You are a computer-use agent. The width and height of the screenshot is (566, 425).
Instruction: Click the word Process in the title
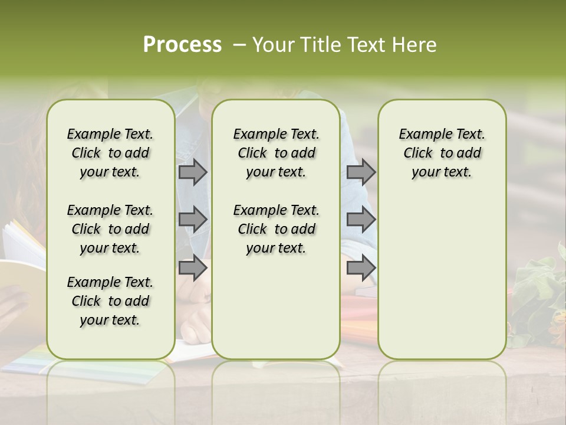[x=182, y=45]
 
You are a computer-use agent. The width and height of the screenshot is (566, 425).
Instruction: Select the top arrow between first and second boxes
[x=193, y=172]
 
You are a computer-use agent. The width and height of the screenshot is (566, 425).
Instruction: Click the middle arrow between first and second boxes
[x=193, y=220]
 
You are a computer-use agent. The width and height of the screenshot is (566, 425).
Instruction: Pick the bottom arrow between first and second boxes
[x=193, y=268]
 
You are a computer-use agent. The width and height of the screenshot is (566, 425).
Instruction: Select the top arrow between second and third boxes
[x=361, y=172]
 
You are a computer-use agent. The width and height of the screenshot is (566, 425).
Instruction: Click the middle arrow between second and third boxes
[x=361, y=220]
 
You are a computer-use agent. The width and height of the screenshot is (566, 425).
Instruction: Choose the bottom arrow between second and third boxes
[x=361, y=268]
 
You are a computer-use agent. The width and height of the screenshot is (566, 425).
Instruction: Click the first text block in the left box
[x=110, y=153]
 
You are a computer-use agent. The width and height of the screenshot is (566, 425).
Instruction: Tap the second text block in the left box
[x=110, y=229]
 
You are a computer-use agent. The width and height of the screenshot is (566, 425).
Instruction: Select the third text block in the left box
[x=110, y=301]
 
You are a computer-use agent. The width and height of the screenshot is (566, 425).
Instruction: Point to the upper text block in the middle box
[x=276, y=153]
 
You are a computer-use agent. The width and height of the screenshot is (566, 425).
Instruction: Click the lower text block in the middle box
[x=276, y=229]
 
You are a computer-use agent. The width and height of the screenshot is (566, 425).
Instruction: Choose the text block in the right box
[x=442, y=153]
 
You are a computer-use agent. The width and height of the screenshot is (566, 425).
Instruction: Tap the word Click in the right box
[x=418, y=153]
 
